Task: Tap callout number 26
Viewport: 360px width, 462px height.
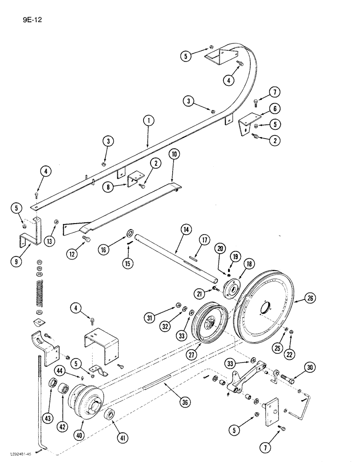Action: [310, 298]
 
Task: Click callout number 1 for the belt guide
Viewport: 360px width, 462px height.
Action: [149, 121]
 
